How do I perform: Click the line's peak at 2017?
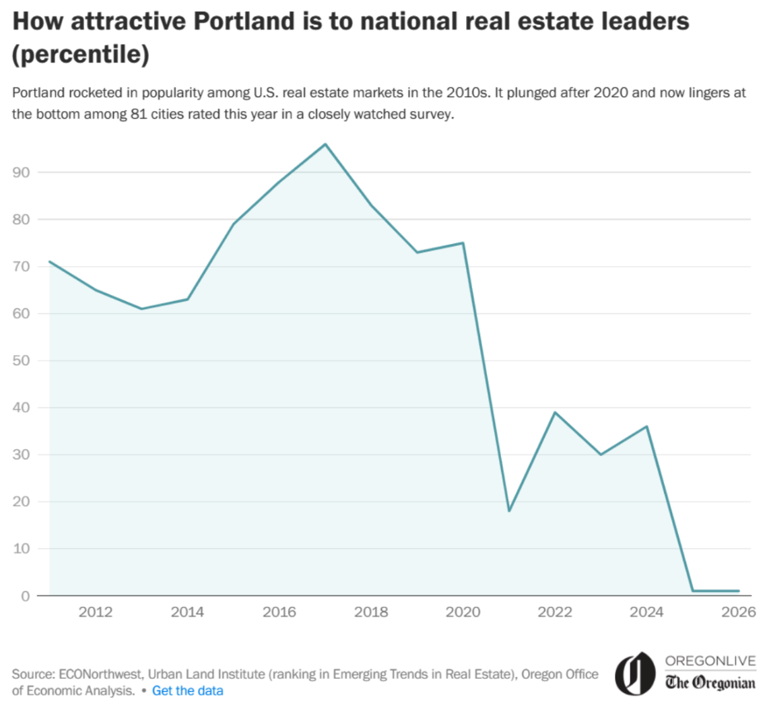[x=325, y=144]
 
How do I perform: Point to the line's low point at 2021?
[x=509, y=511]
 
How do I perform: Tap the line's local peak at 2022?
[x=555, y=412]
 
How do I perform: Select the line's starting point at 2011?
[x=50, y=261]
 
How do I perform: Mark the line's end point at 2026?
[x=739, y=591]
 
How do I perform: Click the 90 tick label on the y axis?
[x=21, y=172]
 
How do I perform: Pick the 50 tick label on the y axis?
[x=21, y=360]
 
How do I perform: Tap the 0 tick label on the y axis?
[x=25, y=596]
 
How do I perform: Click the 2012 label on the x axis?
[x=95, y=612]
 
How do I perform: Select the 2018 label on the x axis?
[x=371, y=612]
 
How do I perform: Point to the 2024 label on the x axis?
[x=646, y=612]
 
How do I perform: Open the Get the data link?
[x=188, y=690]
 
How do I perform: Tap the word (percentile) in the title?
[x=81, y=55]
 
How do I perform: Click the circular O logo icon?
[x=634, y=674]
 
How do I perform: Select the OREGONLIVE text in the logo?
[x=710, y=661]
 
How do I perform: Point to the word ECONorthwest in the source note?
[x=100, y=674]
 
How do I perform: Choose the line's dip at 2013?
[x=141, y=308]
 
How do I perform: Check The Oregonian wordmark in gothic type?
[x=710, y=682]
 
